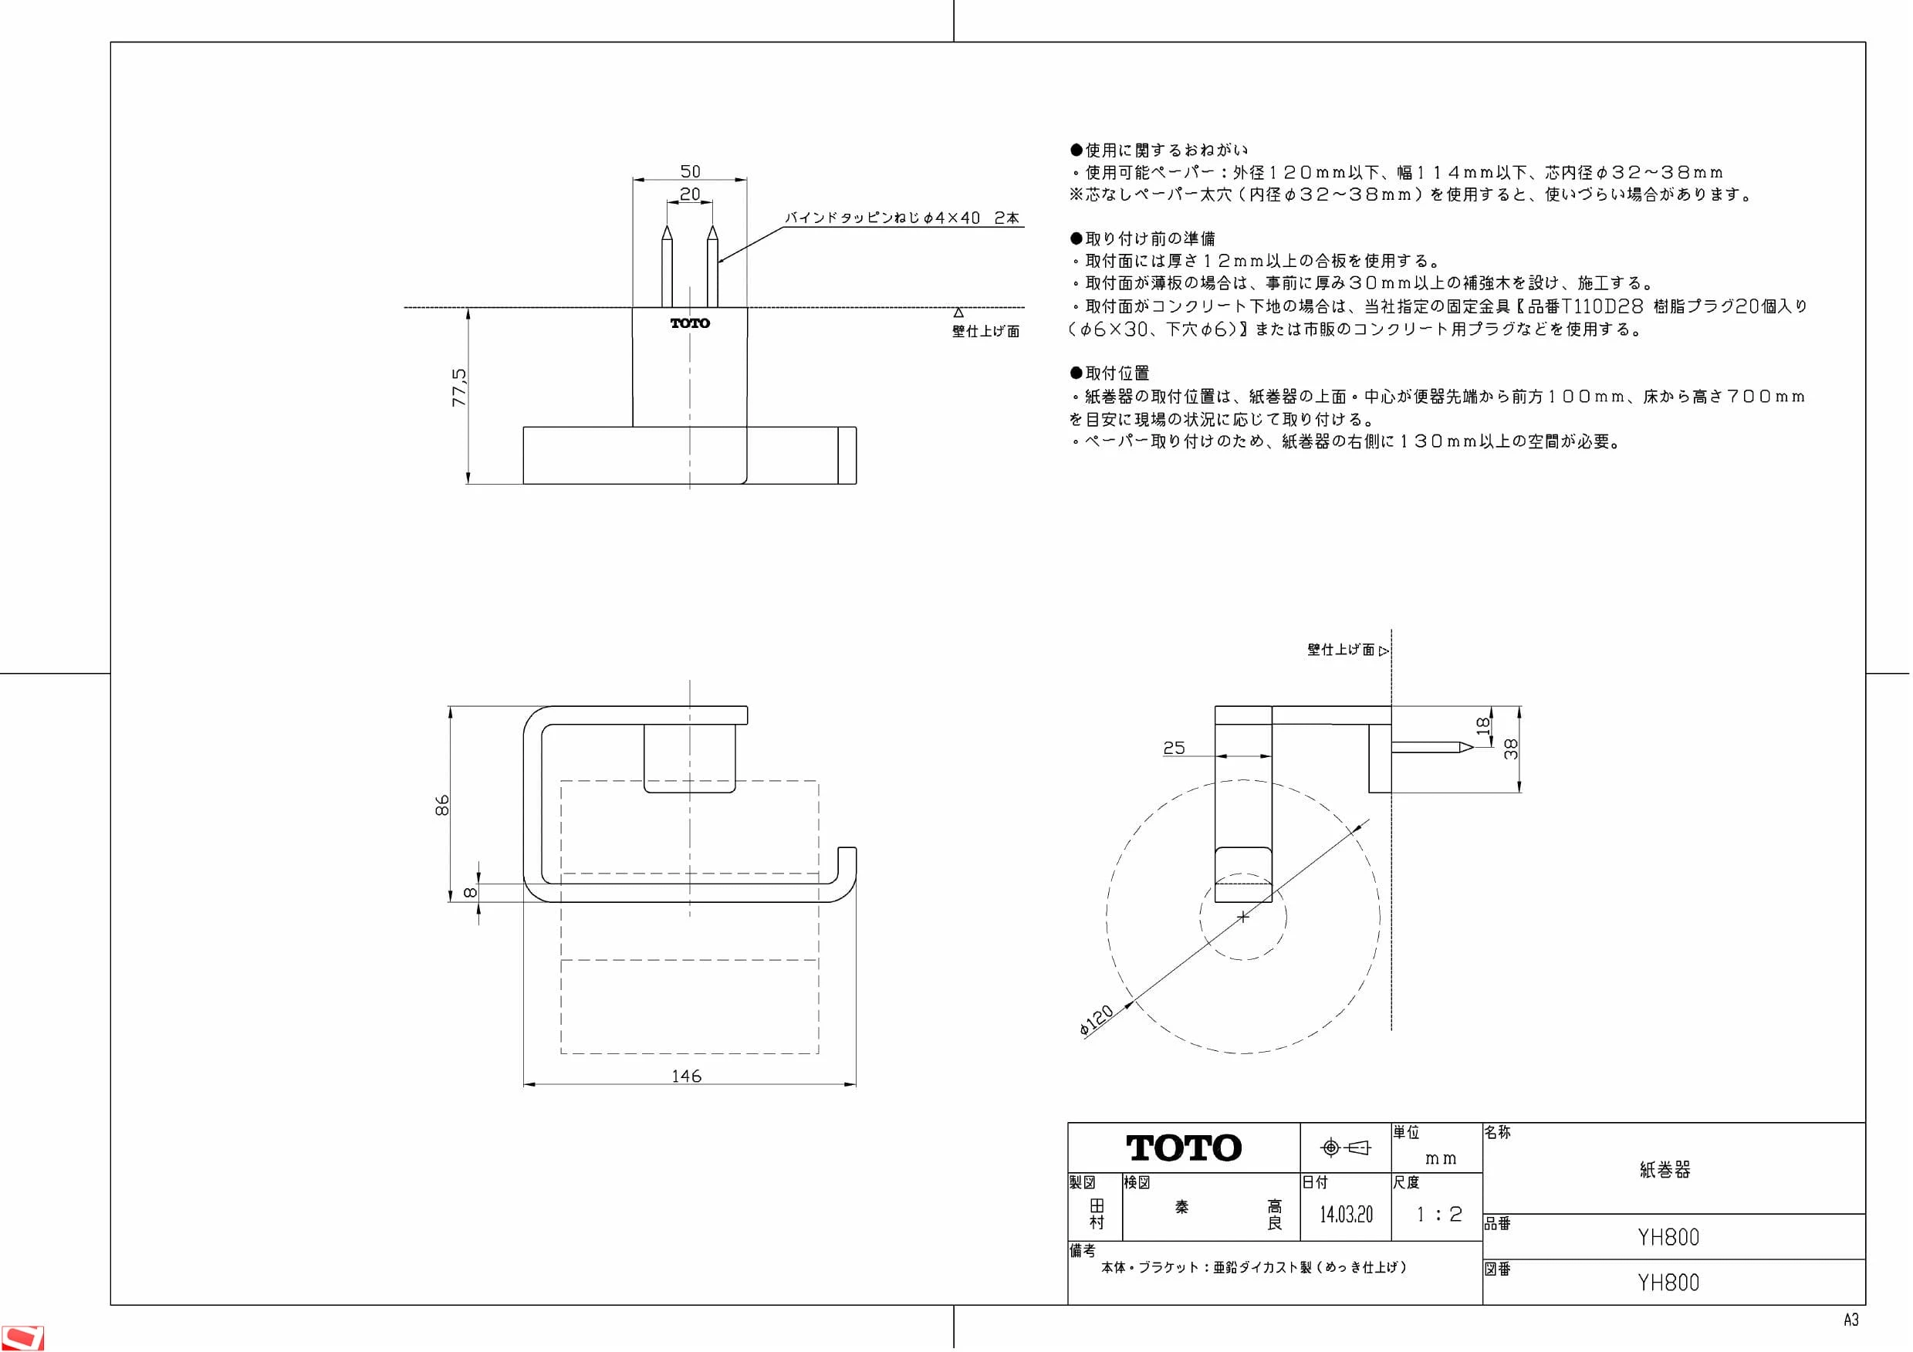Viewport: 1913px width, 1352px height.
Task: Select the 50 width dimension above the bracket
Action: pyautogui.click(x=690, y=171)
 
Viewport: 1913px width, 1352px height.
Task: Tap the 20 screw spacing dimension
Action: pyautogui.click(x=690, y=194)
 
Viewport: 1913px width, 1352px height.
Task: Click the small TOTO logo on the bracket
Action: pyautogui.click(x=690, y=323)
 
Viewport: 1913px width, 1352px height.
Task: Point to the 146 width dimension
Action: pyautogui.click(x=687, y=1077)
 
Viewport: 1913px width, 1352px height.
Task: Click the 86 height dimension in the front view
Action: pyautogui.click(x=442, y=805)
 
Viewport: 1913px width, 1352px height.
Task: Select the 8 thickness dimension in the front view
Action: pyautogui.click(x=470, y=892)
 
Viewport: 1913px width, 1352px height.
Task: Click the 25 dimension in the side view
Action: pyautogui.click(x=1174, y=748)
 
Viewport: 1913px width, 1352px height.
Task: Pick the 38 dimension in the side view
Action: pyautogui.click(x=1511, y=749)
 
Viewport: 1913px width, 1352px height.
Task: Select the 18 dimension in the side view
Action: pyautogui.click(x=1483, y=726)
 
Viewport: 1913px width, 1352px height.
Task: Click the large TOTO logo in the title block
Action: pyautogui.click(x=1184, y=1148)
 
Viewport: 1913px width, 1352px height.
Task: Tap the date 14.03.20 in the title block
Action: pyautogui.click(x=1346, y=1215)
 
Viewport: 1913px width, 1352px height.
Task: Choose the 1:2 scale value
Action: pyautogui.click(x=1440, y=1215)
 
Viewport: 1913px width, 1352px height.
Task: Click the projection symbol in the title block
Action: pyautogui.click(x=1347, y=1148)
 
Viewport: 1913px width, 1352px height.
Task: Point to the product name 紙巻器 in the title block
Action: pyautogui.click(x=1665, y=1170)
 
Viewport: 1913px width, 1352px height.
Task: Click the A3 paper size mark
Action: pyautogui.click(x=1850, y=1320)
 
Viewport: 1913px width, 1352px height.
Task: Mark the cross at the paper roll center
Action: pyautogui.click(x=1243, y=916)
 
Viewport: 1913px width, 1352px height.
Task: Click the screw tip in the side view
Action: pyautogui.click(x=1472, y=747)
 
